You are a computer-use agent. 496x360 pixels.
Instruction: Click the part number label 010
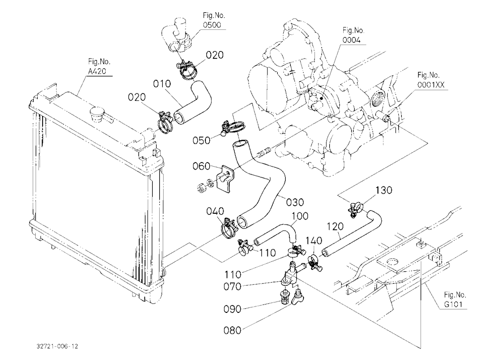point(162,84)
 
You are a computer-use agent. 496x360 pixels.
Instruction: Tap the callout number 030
point(295,202)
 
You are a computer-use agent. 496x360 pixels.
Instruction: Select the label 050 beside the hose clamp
point(201,140)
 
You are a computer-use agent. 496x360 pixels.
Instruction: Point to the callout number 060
point(201,166)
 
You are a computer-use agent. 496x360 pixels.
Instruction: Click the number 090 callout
point(233,309)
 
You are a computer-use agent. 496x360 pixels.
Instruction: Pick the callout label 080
point(233,331)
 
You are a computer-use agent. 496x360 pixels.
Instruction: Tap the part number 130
point(384,190)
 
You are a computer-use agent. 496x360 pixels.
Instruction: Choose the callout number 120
point(335,227)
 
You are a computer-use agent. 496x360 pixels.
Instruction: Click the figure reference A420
point(97,71)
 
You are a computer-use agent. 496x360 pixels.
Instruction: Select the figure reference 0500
point(212,25)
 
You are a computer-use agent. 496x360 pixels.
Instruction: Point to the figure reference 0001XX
point(431,85)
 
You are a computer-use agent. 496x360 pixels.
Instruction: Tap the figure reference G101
point(453,304)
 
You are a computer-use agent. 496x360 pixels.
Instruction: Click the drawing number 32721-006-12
point(57,346)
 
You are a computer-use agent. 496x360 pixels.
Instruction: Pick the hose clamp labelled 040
point(228,227)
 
